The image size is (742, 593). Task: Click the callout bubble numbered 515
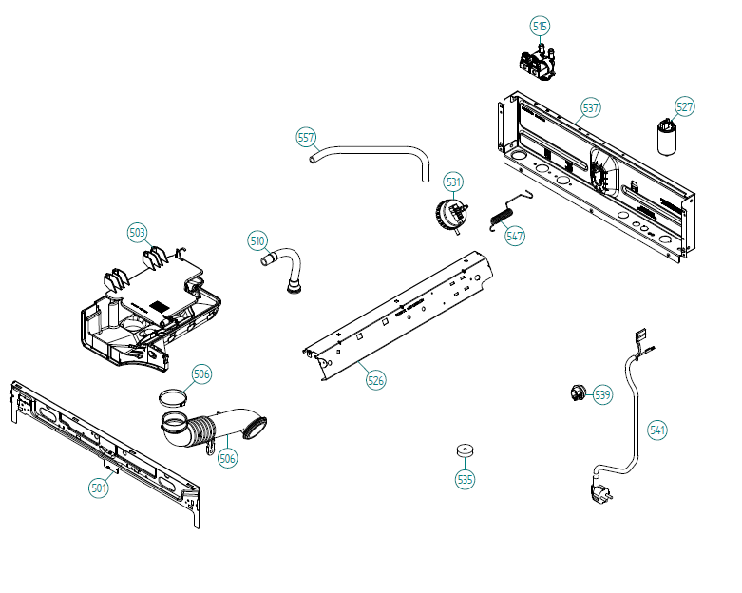540,26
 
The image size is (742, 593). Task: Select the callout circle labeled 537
591,108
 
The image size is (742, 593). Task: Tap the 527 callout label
685,107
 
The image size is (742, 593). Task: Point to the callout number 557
306,137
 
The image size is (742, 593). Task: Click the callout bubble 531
453,182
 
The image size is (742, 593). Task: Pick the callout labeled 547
514,236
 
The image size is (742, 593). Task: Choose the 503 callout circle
137,233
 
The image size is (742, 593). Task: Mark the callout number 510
257,240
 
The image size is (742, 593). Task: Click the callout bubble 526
375,380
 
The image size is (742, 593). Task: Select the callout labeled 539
602,394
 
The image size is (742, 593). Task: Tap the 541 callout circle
657,430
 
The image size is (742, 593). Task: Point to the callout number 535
465,479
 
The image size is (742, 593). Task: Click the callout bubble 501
99,487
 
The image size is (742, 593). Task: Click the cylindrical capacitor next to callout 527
667,137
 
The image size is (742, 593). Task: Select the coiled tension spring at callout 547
509,211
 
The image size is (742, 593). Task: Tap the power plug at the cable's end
600,490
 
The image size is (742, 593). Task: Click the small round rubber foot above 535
465,450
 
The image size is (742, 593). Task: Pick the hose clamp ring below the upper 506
171,397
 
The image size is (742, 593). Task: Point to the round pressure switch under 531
451,216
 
